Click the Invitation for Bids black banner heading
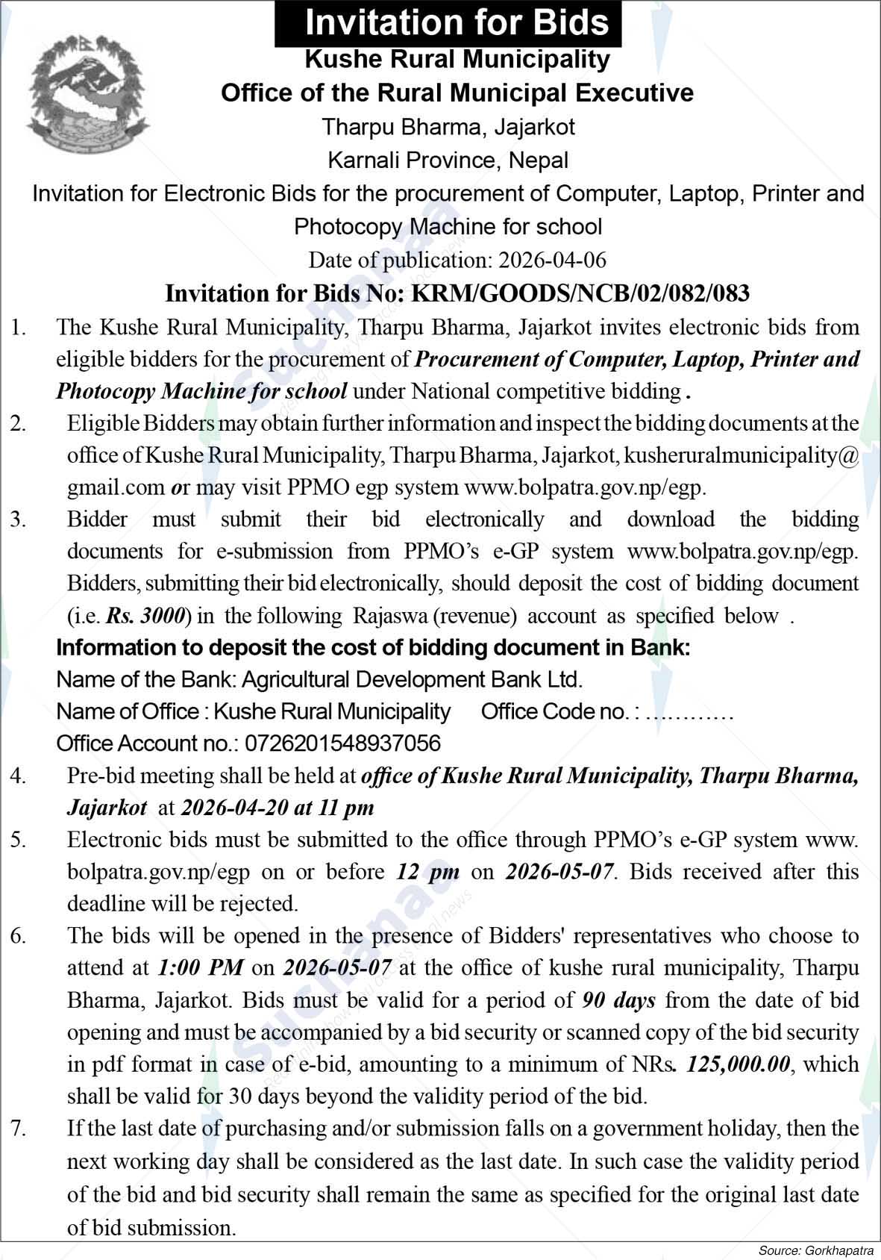tap(448, 22)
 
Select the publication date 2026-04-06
tap(552, 260)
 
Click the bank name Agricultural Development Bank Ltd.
tap(413, 679)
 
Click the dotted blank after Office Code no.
tap(690, 712)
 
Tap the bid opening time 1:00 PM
tap(201, 968)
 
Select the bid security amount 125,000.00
tap(738, 1064)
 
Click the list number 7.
tap(19, 1129)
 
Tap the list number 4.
tap(19, 776)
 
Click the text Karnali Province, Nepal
tap(448, 160)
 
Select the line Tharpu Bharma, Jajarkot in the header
tap(448, 126)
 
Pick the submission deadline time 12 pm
tap(427, 872)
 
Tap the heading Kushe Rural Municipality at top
tap(457, 58)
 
